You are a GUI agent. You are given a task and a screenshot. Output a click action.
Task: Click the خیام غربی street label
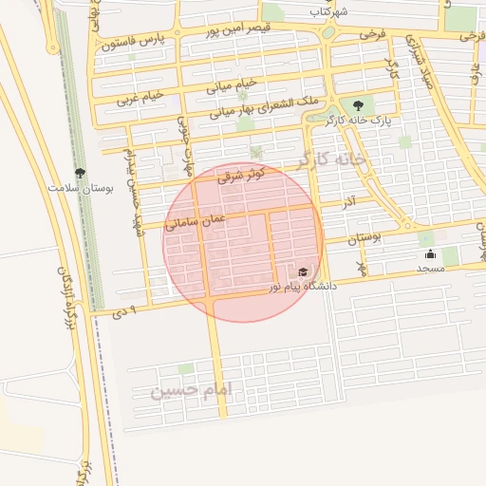140,97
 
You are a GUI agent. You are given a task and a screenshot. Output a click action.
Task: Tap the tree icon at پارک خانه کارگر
358,105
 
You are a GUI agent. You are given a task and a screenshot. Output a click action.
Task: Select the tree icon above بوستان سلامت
80,173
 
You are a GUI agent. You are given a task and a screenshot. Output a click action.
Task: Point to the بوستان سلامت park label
81,188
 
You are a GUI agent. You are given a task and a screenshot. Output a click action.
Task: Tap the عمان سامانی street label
196,221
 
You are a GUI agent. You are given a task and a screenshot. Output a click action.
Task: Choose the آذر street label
348,203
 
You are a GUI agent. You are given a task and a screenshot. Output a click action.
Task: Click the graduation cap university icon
304,272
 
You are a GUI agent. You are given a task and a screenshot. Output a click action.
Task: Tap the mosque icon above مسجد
430,253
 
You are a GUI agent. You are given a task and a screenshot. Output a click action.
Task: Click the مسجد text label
430,269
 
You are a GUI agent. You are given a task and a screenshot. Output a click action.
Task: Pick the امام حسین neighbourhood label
192,390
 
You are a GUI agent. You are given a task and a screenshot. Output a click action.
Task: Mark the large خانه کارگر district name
330,159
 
